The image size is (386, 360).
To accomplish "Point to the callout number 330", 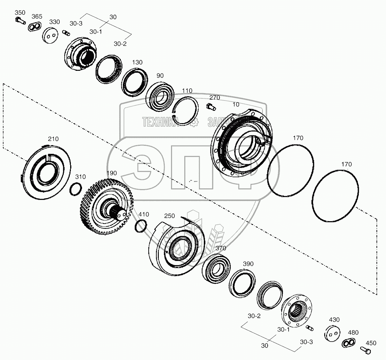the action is pyautogui.click(x=54, y=22).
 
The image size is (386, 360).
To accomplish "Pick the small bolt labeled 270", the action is pyautogui.click(x=211, y=106).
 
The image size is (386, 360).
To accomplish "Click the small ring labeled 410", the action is pyautogui.click(x=141, y=226).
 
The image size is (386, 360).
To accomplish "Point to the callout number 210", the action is pyautogui.click(x=53, y=139).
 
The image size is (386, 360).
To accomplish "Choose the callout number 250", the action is pyautogui.click(x=170, y=216).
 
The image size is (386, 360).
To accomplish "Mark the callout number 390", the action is pyautogui.click(x=248, y=264).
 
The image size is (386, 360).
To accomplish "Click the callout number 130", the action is pyautogui.click(x=137, y=62).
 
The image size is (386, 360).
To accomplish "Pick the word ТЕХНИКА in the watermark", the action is pyautogui.click(x=160, y=122).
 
